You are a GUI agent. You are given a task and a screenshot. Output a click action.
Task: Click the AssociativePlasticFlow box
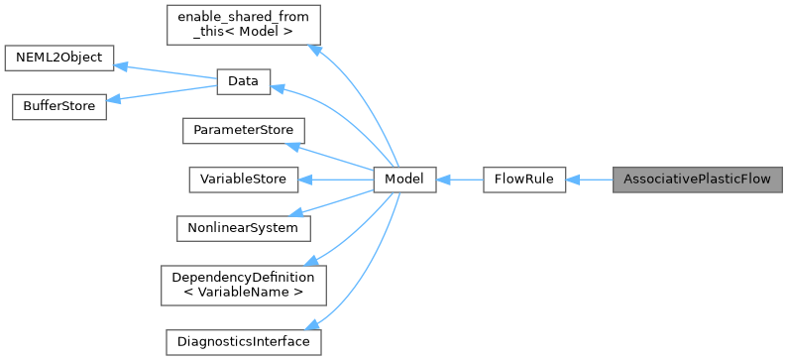[x=697, y=180]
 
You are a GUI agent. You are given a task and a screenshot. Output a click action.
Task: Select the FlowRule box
[x=523, y=180]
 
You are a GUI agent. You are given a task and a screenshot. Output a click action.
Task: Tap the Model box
[x=404, y=180]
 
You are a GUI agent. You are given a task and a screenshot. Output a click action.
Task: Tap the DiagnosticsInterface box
[x=243, y=341]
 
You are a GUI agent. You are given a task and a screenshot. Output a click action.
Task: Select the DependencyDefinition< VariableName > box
[x=243, y=285]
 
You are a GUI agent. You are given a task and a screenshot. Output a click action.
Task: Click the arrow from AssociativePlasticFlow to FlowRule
[x=589, y=180]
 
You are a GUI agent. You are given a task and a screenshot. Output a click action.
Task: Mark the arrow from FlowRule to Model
[x=459, y=180]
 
